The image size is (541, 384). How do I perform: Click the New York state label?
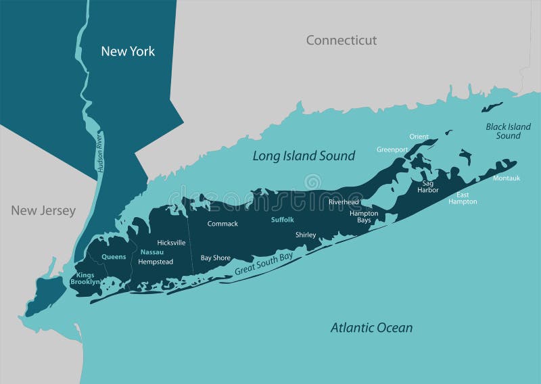(128, 51)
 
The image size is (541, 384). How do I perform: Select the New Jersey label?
(43, 211)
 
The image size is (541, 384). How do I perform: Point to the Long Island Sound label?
(304, 156)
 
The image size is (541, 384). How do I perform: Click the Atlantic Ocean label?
(371, 328)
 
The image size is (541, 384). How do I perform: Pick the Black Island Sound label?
(508, 131)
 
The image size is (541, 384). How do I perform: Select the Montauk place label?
(507, 178)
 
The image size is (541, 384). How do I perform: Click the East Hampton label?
(463, 197)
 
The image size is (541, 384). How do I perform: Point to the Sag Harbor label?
(428, 186)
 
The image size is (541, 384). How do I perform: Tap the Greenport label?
(392, 149)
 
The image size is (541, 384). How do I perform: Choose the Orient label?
(419, 137)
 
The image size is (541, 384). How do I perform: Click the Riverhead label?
(344, 202)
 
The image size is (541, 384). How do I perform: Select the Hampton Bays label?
(364, 216)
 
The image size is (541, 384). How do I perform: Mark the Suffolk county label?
(283, 220)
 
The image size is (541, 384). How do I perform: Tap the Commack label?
(222, 224)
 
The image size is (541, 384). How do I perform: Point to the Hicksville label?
(171, 242)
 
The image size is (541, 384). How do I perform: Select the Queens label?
(114, 257)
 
